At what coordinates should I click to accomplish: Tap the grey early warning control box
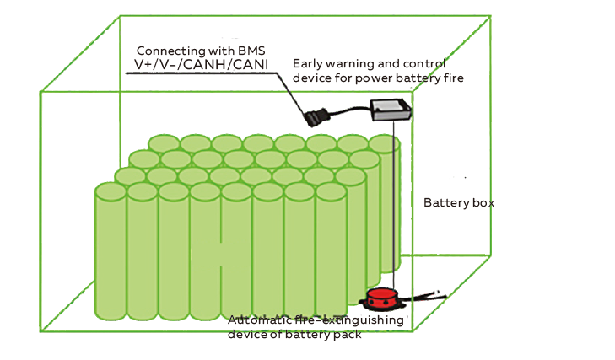click(x=391, y=110)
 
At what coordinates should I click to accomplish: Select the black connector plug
click(x=319, y=118)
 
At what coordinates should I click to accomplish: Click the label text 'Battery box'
click(x=458, y=203)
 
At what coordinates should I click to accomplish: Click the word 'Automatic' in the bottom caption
click(x=256, y=320)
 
